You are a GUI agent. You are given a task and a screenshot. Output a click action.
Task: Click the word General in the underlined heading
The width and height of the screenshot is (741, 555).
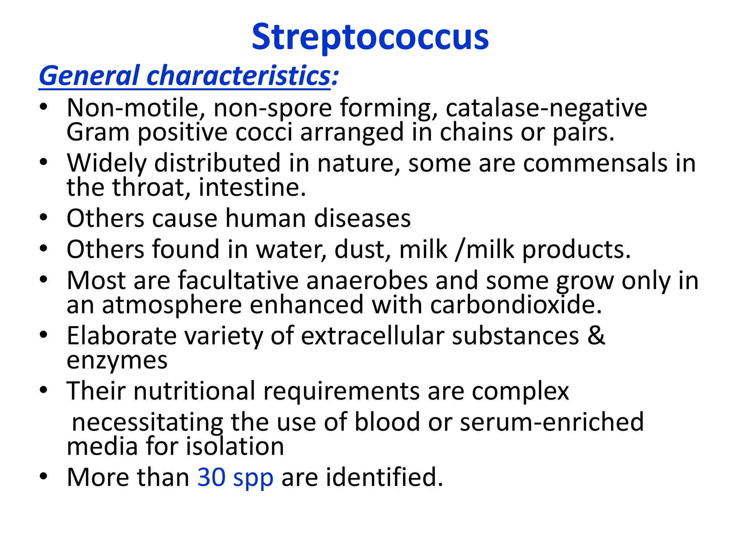pos(89,76)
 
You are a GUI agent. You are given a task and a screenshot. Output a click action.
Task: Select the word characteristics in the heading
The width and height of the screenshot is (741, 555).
pos(239,76)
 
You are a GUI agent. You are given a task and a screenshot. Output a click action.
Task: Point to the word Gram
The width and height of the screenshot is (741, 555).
pos(98,132)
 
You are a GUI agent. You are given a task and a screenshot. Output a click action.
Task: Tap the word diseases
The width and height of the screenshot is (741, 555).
pos(362,219)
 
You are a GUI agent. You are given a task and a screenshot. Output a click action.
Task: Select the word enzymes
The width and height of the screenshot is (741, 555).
pos(117,361)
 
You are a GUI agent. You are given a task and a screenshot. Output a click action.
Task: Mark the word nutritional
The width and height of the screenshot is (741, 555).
pos(194,391)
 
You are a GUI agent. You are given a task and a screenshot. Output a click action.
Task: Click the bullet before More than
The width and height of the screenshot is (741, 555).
pos(44,477)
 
